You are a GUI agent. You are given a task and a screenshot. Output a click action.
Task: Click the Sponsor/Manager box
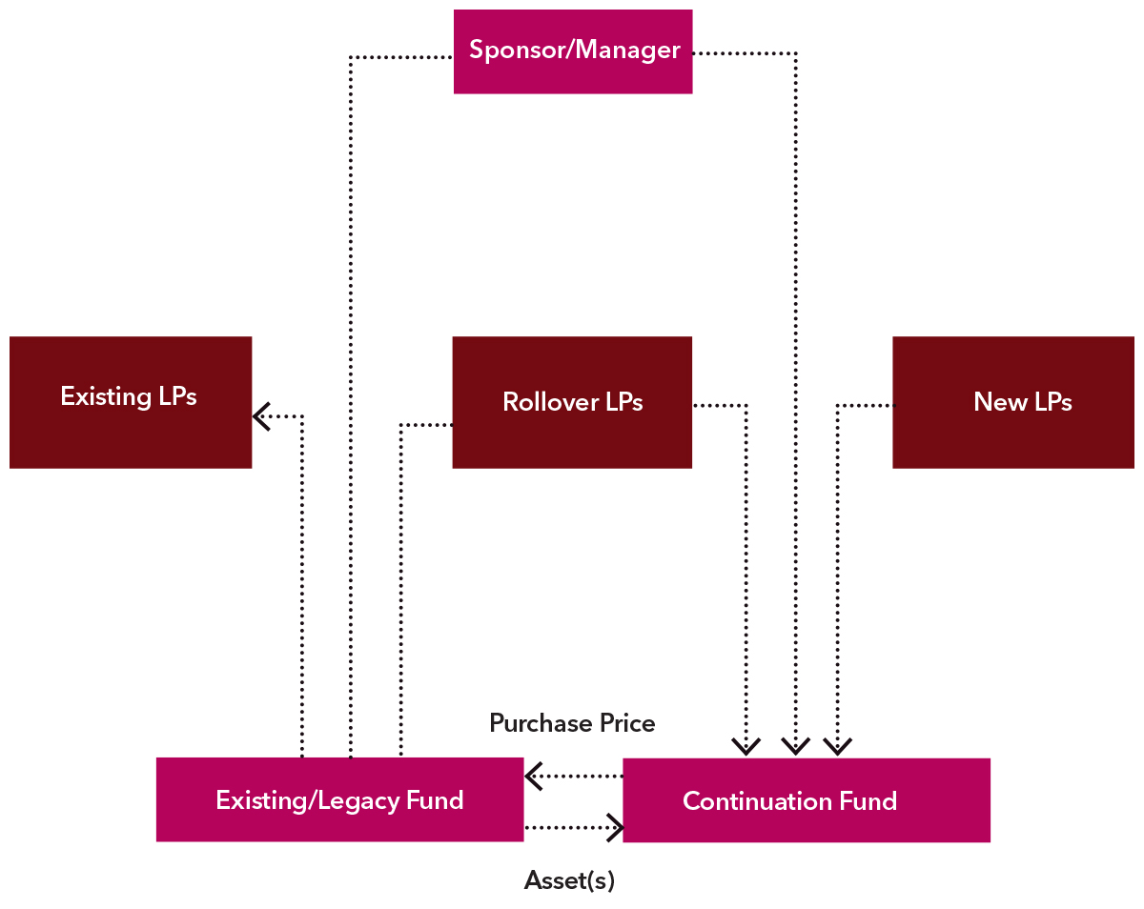coord(573,51)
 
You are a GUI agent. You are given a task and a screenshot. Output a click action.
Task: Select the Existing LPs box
coord(131,401)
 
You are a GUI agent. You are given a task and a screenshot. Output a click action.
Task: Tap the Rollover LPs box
coord(572,401)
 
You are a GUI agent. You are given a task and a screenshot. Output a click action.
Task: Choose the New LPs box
coord(1012,401)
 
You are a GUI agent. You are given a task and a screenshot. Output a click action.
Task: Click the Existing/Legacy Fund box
coord(339,799)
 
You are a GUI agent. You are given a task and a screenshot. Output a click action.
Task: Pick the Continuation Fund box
coord(806,800)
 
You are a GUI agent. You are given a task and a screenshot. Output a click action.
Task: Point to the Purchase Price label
coord(572,723)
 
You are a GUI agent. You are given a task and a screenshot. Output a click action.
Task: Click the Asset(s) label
coord(569,880)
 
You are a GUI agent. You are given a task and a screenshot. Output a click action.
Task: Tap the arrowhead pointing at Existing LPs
coord(261,415)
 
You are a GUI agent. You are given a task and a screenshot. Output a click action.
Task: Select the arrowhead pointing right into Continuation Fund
coord(615,827)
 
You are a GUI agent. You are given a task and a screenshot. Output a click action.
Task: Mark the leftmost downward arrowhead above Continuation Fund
coord(746,745)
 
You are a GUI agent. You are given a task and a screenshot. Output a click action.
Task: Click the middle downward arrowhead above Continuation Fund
coord(795,745)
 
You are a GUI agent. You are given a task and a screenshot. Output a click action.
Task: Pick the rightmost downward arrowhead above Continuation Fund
coord(837,745)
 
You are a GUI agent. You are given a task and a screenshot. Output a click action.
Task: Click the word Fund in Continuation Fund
coord(868,800)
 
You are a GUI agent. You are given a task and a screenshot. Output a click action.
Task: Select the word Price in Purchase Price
coord(626,723)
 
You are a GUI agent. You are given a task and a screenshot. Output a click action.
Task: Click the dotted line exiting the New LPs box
coord(866,406)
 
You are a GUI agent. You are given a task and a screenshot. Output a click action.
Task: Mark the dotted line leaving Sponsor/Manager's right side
coord(744,53)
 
